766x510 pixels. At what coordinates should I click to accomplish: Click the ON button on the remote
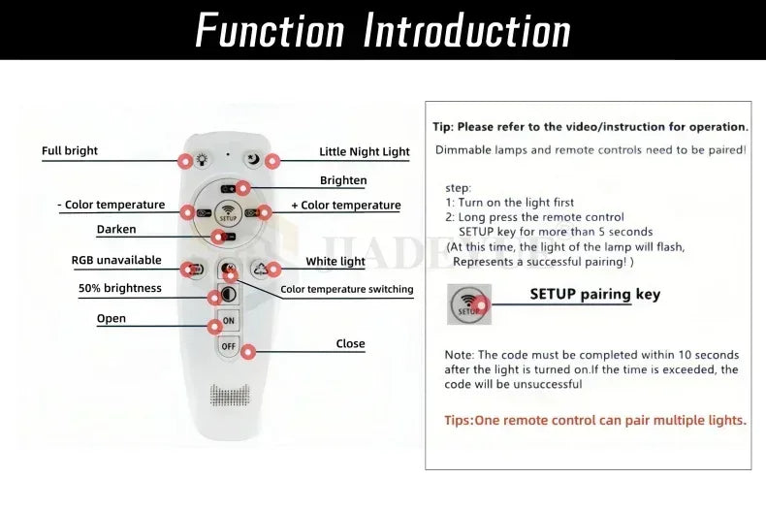(x=228, y=321)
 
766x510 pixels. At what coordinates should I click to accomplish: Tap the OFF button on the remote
(x=228, y=346)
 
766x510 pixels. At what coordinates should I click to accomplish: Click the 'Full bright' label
(x=70, y=151)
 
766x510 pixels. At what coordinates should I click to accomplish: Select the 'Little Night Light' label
(x=364, y=152)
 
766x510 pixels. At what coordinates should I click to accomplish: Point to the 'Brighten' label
(x=343, y=180)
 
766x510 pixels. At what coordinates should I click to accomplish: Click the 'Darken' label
(x=116, y=229)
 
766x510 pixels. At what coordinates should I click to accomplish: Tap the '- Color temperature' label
(x=112, y=205)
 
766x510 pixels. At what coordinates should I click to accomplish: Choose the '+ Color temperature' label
(x=346, y=206)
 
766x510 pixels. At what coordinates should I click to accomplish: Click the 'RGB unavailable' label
(x=116, y=261)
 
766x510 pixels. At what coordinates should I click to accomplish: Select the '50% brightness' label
(x=119, y=288)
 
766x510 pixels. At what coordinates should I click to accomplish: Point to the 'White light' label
(x=335, y=262)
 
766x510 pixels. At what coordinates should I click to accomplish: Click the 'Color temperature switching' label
(x=347, y=289)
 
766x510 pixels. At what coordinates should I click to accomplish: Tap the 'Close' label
(x=350, y=344)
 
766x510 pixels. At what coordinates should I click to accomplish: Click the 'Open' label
(x=111, y=318)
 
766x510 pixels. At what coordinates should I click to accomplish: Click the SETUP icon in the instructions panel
(x=469, y=304)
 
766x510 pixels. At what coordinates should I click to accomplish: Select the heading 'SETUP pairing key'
(x=595, y=295)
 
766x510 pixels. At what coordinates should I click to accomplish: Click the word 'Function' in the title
(x=271, y=30)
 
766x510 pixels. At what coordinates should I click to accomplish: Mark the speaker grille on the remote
(x=230, y=396)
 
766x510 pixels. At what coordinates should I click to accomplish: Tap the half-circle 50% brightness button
(x=228, y=294)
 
